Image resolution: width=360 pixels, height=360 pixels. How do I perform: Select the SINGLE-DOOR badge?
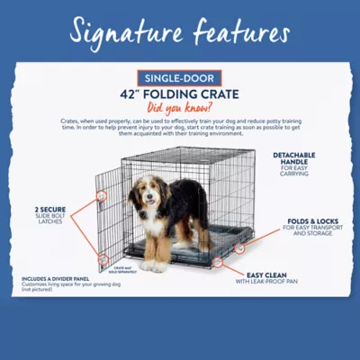tap(180, 78)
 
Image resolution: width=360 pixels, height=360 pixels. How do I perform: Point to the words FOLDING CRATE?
tap(193, 94)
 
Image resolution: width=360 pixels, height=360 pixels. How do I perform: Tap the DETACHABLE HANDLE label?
tap(295, 159)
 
